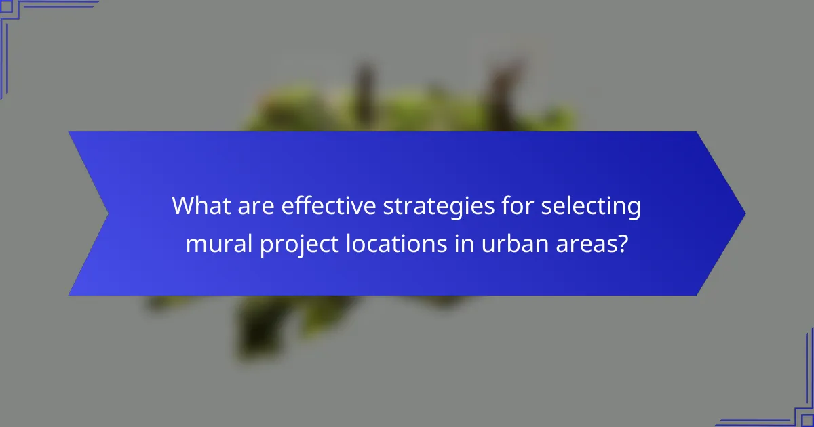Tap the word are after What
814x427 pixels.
coord(250,206)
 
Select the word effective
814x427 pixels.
coord(320,206)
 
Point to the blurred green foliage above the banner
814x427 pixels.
coord(407,112)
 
